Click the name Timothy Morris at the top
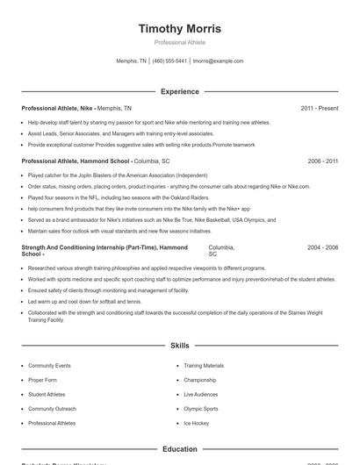click(x=180, y=28)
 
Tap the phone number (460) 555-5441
click(x=169, y=61)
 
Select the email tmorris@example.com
click(x=218, y=61)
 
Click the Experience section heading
click(x=180, y=91)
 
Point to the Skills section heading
click(x=180, y=347)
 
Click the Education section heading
click(x=180, y=449)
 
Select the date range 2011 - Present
click(x=319, y=108)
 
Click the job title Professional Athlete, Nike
click(x=57, y=108)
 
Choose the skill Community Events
click(x=49, y=365)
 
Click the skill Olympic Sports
click(x=201, y=409)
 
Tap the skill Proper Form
click(x=44, y=380)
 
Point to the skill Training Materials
click(x=204, y=365)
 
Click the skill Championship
click(x=199, y=380)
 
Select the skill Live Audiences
click(x=201, y=395)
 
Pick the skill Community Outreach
click(x=52, y=409)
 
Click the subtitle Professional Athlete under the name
click(x=180, y=42)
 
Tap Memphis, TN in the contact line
click(x=132, y=61)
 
